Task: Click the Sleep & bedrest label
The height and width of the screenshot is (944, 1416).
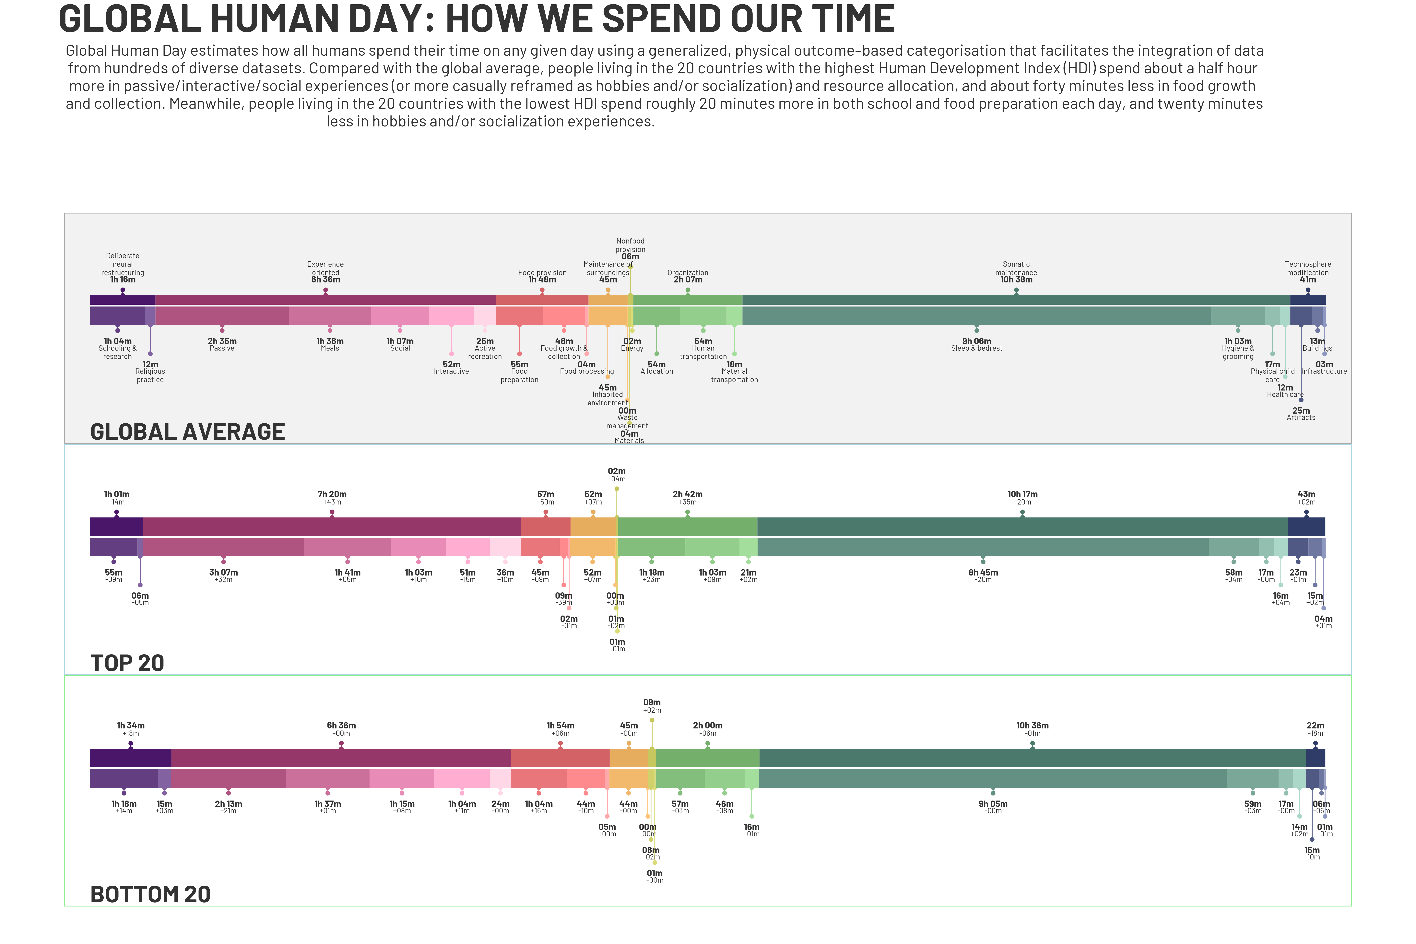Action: pos(976,348)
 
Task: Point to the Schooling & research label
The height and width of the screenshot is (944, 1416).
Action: pos(117,352)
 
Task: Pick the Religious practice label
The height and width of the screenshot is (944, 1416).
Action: pos(150,376)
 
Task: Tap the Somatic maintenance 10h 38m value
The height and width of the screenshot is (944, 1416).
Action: pos(1016,279)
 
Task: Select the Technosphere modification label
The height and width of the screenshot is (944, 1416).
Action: pos(1308,268)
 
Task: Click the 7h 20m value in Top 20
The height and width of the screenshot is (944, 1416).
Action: pos(332,494)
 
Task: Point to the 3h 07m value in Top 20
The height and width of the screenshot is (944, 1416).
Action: pos(223,572)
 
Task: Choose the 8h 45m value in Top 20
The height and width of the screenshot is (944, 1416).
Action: pos(983,572)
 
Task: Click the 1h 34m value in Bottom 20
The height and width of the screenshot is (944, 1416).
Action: pos(131,726)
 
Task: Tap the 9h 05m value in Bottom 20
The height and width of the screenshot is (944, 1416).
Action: pos(993,804)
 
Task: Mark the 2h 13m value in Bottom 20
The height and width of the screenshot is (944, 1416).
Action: pos(228,804)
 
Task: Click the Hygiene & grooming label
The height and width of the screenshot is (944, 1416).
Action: pos(1238,352)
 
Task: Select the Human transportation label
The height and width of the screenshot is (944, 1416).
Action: pos(703,352)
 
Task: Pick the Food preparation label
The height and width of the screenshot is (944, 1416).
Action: pos(519,376)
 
